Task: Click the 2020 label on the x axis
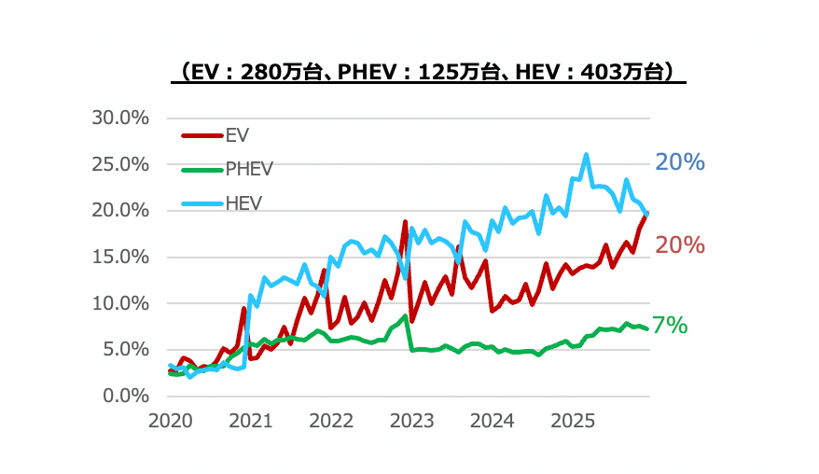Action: coord(170,421)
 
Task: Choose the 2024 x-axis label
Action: coord(492,421)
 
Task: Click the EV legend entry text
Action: coord(237,135)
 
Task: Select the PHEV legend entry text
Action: coord(249,169)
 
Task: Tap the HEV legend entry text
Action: coord(243,202)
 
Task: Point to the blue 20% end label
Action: coord(679,162)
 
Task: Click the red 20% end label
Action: coord(679,245)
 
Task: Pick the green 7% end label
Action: coord(670,326)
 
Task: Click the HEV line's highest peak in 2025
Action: coord(586,155)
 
